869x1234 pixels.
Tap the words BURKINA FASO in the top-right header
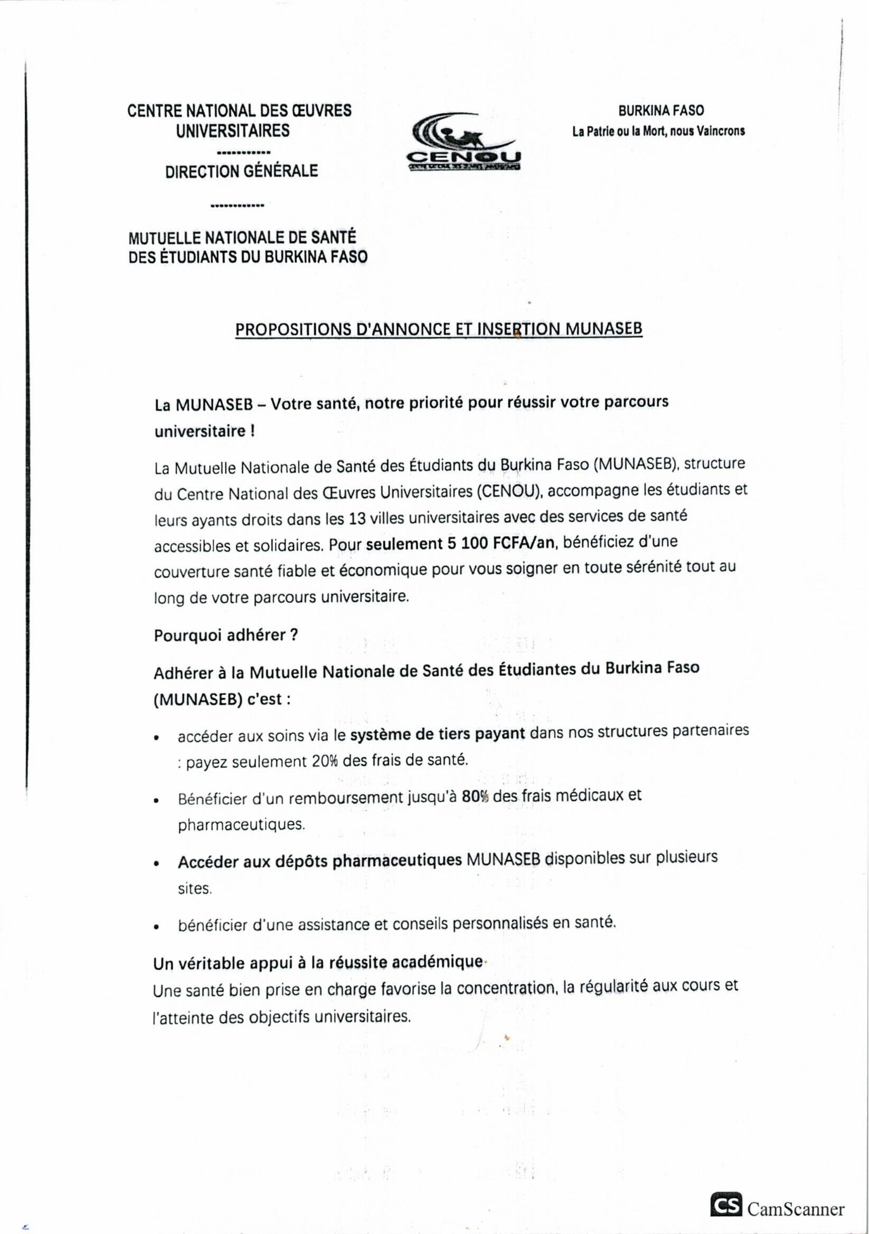pos(660,111)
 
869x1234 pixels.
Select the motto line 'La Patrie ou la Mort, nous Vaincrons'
pos(658,131)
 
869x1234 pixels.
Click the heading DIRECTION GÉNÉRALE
pos(241,171)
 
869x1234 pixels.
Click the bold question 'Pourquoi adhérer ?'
pos(226,635)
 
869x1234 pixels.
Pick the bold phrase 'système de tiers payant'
pos(437,734)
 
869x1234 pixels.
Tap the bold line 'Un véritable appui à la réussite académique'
pos(318,963)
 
